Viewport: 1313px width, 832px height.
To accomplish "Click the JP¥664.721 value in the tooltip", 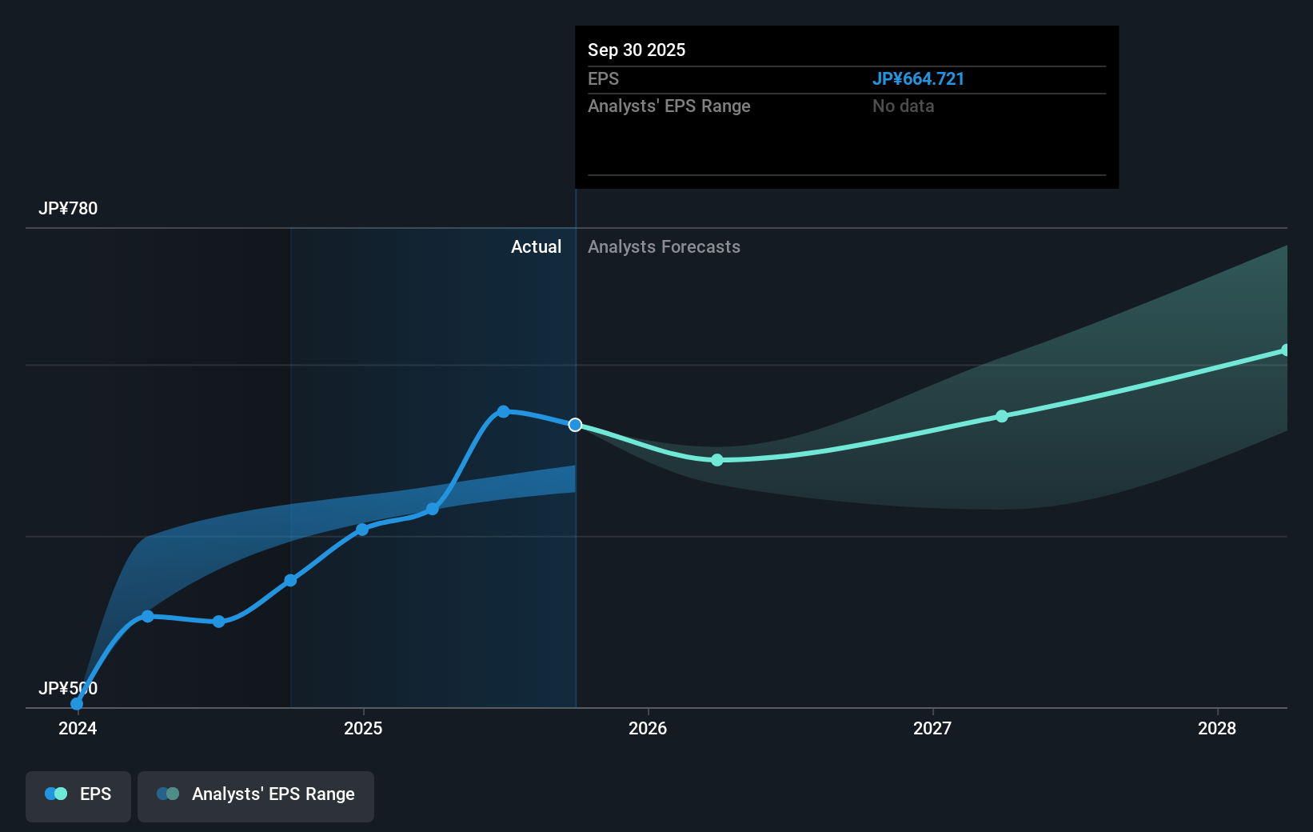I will tap(917, 79).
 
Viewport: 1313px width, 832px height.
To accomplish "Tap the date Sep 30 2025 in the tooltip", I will tap(636, 50).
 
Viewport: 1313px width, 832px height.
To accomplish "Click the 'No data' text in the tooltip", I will tap(903, 106).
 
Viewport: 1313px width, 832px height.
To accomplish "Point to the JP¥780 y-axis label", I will tap(68, 209).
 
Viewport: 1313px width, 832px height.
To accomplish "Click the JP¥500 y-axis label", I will tap(68, 688).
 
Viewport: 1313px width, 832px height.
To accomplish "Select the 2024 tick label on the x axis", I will tap(78, 728).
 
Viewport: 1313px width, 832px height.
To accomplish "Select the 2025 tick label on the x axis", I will tap(363, 728).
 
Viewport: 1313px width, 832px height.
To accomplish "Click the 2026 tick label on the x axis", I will tap(648, 728).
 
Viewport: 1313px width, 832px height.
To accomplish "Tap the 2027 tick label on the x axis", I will tap(932, 728).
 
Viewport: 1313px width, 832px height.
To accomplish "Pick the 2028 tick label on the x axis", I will tap(1216, 728).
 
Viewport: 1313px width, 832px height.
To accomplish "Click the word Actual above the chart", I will tap(536, 247).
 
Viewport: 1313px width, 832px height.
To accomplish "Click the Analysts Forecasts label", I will tap(664, 247).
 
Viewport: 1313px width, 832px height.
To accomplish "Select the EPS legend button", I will tap(78, 794).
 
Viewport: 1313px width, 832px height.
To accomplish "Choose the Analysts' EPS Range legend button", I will tap(256, 794).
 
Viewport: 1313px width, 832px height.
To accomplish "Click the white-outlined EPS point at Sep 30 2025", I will tap(575, 425).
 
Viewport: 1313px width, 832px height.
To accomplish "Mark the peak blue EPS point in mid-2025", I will tap(503, 411).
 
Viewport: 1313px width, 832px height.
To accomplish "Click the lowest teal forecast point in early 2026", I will tap(717, 460).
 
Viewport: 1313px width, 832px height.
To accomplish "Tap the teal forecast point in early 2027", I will tap(1002, 416).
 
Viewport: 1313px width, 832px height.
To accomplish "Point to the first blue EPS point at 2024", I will tap(77, 704).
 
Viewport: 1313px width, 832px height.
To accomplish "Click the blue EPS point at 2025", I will tap(362, 530).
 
